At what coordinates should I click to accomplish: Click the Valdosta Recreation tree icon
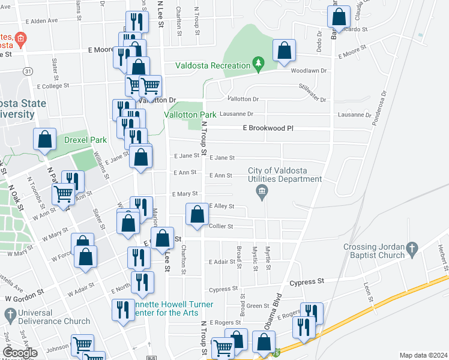(258, 63)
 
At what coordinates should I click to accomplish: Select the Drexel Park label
(85, 140)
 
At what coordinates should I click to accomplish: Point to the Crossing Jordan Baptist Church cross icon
(411, 248)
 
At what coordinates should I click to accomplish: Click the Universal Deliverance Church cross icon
(10, 314)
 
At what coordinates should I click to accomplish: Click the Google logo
(20, 353)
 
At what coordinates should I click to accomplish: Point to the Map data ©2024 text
(423, 355)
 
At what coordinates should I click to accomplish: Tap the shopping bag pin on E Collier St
(197, 215)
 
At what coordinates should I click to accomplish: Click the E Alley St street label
(221, 206)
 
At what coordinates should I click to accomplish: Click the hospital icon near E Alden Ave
(20, 40)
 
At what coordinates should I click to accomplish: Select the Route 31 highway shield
(28, 71)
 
